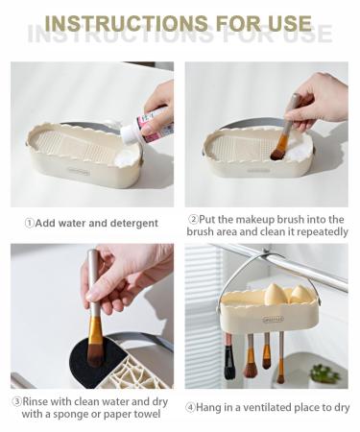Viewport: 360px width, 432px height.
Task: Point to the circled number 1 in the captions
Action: tap(29, 223)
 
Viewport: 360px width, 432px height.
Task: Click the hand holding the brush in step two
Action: tap(318, 100)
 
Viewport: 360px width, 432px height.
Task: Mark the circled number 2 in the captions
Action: tap(194, 218)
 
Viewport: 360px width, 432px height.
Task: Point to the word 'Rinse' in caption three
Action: tap(39, 401)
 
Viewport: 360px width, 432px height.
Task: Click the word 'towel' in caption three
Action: tap(145, 414)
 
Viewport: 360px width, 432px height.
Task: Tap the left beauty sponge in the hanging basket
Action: tap(252, 296)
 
